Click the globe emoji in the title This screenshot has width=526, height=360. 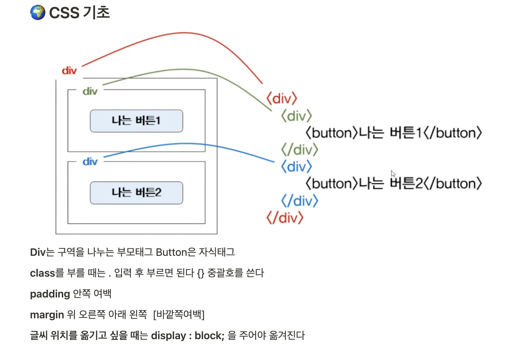pyautogui.click(x=38, y=13)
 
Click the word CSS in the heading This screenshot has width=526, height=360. pyautogui.click(x=64, y=13)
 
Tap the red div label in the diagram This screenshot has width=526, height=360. pyautogui.click(x=69, y=71)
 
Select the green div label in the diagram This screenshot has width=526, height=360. pyautogui.click(x=90, y=91)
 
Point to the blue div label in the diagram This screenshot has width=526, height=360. pyautogui.click(x=90, y=162)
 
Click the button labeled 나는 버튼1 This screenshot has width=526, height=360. pyautogui.click(x=136, y=121)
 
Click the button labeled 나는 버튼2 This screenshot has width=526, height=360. pyautogui.click(x=136, y=193)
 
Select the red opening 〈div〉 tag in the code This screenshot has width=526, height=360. pyautogui.click(x=282, y=98)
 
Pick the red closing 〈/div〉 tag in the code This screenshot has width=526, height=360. pyautogui.click(x=285, y=218)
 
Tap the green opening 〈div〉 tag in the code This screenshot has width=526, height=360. pyautogui.click(x=297, y=116)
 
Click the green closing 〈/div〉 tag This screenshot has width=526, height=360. pyautogui.click(x=299, y=150)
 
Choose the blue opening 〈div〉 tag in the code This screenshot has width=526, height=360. pyautogui.click(x=297, y=167)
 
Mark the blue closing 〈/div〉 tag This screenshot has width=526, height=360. pyautogui.click(x=299, y=201)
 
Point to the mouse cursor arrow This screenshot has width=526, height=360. pyautogui.click(x=393, y=173)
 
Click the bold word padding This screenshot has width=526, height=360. pyautogui.click(x=50, y=294)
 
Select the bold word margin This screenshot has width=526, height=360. pyautogui.click(x=47, y=315)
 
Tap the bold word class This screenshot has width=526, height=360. pyautogui.click(x=42, y=273)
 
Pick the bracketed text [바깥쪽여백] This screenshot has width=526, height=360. pyautogui.click(x=179, y=315)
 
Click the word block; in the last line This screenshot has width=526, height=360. pyautogui.click(x=209, y=336)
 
